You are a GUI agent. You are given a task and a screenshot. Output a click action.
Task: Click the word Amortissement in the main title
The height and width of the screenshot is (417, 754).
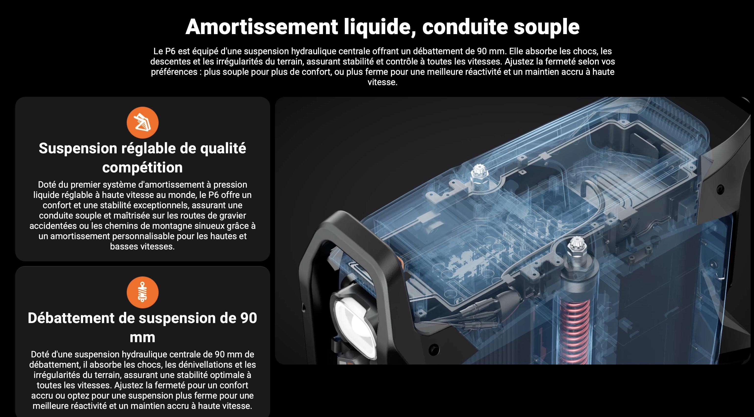[262, 27]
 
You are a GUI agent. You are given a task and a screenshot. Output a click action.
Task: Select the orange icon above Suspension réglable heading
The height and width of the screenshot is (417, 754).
[143, 123]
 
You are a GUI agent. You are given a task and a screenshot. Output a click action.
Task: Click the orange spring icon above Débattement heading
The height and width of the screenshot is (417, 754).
[143, 292]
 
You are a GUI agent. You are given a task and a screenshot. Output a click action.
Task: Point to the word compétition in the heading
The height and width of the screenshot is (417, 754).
[143, 168]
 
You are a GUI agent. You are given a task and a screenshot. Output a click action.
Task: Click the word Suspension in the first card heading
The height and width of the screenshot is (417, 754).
[78, 148]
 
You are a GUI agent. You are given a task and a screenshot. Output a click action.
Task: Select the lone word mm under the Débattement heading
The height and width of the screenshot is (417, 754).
[143, 338]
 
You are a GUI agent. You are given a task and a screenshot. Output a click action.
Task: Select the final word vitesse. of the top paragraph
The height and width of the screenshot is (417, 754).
[383, 82]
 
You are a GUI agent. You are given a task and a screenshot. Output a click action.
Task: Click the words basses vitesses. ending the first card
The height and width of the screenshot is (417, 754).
[143, 247]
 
